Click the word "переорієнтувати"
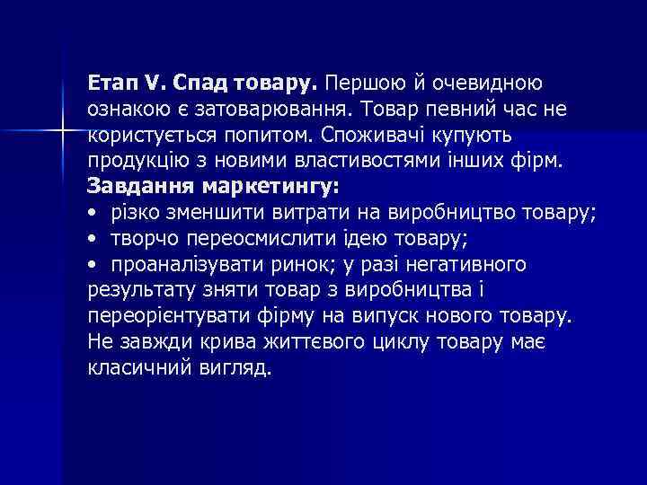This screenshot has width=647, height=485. [155, 317]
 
